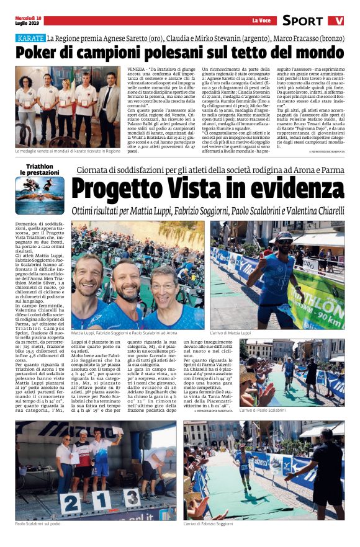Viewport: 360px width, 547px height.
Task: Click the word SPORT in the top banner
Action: (302, 20)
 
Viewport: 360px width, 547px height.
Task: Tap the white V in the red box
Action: (339, 20)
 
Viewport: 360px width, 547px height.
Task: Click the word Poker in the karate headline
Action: (40, 53)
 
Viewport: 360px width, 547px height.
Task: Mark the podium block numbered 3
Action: (130, 498)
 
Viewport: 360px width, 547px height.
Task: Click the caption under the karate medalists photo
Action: (68, 151)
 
